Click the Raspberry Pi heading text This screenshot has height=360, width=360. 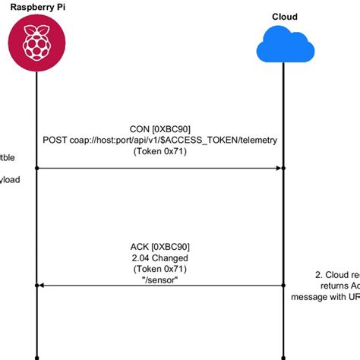[x=36, y=6]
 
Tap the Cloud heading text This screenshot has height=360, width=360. [x=284, y=17]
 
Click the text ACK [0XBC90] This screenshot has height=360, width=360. [x=159, y=246]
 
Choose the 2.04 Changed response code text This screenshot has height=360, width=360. [x=159, y=257]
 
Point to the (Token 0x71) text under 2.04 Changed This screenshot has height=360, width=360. [x=159, y=268]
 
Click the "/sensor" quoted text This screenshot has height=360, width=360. [x=159, y=279]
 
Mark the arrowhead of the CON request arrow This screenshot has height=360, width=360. [x=279, y=167]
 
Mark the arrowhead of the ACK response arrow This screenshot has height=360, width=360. [x=43, y=285]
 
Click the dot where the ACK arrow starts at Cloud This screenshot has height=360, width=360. [x=283, y=285]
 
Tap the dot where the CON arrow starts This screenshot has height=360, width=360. [x=36, y=167]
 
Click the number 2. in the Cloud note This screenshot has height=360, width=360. [x=319, y=275]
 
